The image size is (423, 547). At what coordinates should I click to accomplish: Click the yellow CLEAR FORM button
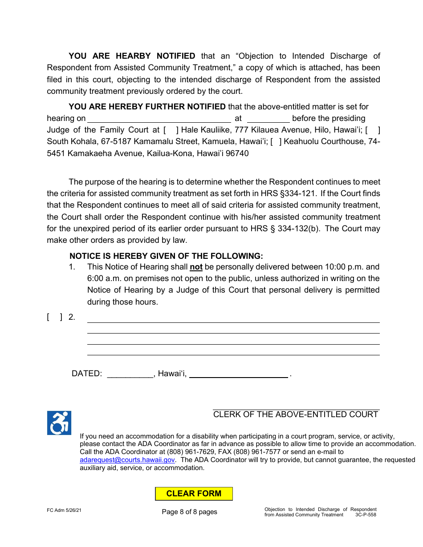[194, 494]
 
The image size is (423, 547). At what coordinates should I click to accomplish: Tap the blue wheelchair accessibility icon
[59, 423]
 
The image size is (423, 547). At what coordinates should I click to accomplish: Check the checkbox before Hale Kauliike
[171, 130]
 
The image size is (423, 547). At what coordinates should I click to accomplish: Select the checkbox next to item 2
[55, 318]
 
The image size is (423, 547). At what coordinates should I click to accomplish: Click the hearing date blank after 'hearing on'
[159, 119]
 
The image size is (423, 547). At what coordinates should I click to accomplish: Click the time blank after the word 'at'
[268, 119]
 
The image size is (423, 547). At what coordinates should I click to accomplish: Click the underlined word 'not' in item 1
[196, 267]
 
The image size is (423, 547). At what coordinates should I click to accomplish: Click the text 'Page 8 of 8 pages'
[190, 512]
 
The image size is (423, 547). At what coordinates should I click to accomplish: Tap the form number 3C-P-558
[366, 515]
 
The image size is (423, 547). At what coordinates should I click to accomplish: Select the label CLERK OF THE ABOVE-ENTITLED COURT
[296, 414]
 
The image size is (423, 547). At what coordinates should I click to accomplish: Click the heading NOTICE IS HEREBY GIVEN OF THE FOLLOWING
[166, 256]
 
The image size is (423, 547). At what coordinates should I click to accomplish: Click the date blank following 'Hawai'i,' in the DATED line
[239, 374]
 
